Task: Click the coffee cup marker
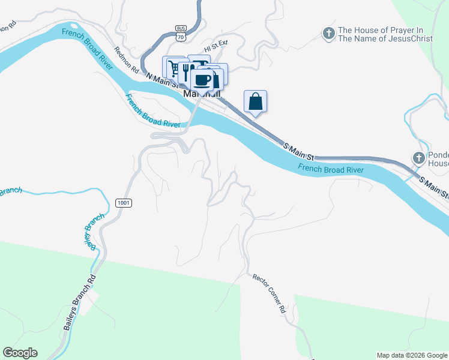202,80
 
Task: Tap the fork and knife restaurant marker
187,73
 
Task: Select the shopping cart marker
173,67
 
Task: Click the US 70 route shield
181,37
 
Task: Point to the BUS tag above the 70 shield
181,28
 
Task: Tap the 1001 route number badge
123,203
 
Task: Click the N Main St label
162,80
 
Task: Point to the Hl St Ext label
216,46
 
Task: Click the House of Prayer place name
381,34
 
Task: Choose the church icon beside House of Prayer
328,34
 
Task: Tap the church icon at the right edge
419,158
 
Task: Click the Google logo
20,353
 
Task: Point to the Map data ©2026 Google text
412,355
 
